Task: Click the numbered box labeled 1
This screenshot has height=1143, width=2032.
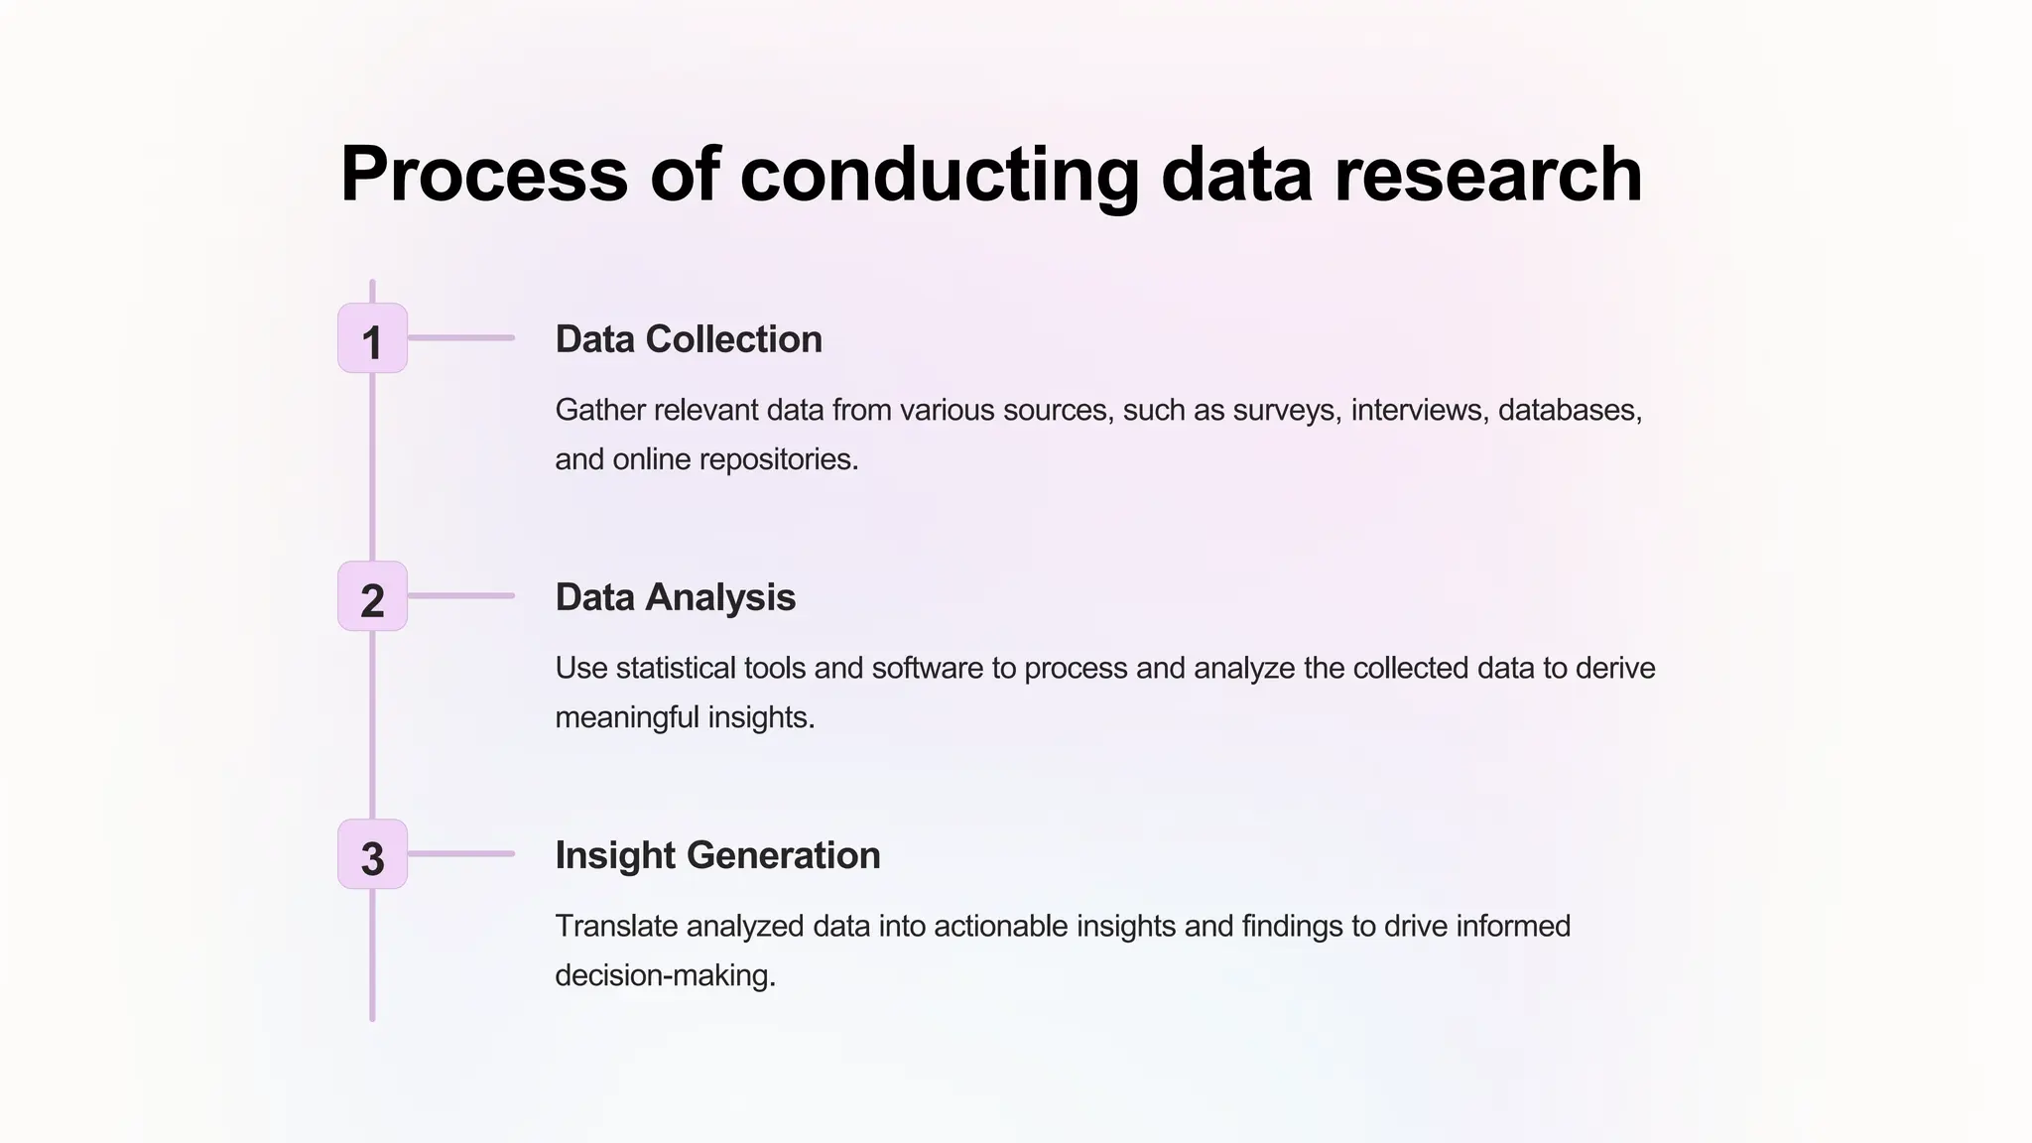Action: [x=372, y=338]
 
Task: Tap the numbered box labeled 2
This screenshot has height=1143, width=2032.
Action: [x=372, y=596]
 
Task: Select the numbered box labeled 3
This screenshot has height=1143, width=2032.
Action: [x=372, y=854]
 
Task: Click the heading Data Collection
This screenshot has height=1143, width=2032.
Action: [x=689, y=339]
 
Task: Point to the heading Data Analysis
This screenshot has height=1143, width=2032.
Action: [x=675, y=597]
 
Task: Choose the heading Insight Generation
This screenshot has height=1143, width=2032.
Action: [x=717, y=855]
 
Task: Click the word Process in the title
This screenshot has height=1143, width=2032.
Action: [x=484, y=175]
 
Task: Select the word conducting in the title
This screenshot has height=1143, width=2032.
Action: [x=939, y=175]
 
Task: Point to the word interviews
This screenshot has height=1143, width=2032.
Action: [x=1419, y=410]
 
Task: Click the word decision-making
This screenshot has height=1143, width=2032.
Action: [x=665, y=975]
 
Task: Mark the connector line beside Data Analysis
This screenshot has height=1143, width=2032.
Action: [x=460, y=596]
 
